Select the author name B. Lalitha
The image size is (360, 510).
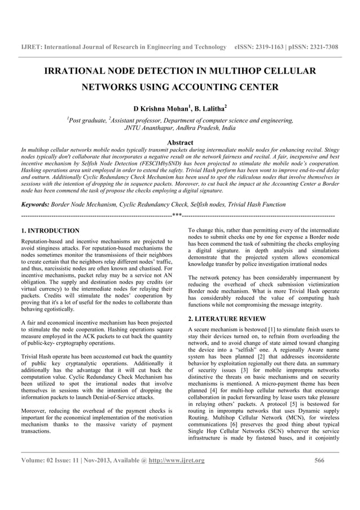[x=208, y=107]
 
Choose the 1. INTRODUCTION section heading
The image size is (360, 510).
[x=50, y=231]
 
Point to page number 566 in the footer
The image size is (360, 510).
[x=320, y=461]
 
